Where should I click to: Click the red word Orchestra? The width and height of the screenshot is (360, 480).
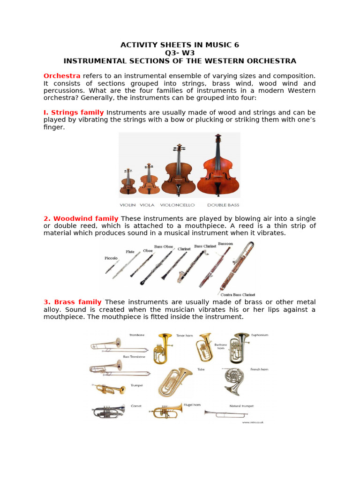click(62, 76)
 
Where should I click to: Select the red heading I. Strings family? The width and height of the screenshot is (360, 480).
click(74, 112)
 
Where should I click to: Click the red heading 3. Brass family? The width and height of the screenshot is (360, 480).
click(73, 302)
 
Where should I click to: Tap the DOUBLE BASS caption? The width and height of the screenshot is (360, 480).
click(223, 205)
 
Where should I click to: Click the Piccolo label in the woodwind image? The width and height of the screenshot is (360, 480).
click(111, 258)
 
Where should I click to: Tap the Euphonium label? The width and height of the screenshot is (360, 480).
click(259, 335)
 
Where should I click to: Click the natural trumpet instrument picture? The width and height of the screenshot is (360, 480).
click(225, 413)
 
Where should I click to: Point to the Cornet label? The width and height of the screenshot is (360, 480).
click(136, 406)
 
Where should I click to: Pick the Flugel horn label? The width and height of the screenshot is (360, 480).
click(192, 405)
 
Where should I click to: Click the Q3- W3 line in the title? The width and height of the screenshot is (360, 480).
click(180, 53)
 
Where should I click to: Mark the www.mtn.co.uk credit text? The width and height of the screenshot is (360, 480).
click(253, 422)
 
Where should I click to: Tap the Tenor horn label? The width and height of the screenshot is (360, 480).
click(183, 335)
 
